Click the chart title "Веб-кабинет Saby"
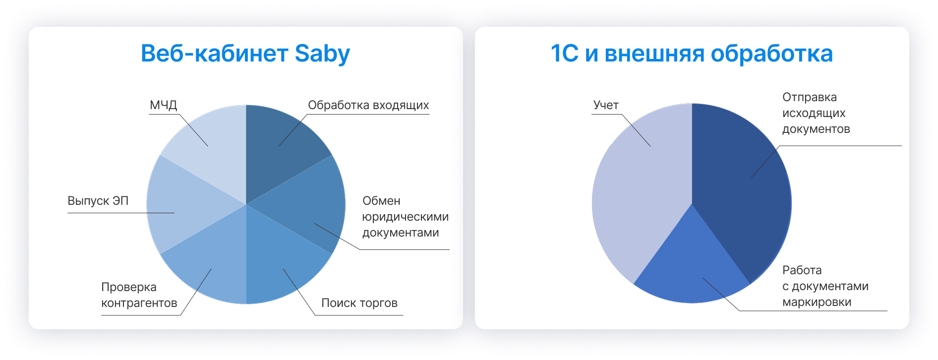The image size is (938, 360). pyautogui.click(x=245, y=54)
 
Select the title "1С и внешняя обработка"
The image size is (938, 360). pyautogui.click(x=692, y=54)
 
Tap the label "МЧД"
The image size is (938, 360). pyautogui.click(x=163, y=105)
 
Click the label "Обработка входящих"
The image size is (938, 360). pyautogui.click(x=368, y=105)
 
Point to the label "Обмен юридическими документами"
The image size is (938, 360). pyautogui.click(x=405, y=217)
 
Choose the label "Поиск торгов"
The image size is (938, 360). pyautogui.click(x=359, y=303)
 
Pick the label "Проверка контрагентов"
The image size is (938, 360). pyautogui.click(x=139, y=295)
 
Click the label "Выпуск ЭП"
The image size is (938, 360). pyautogui.click(x=98, y=201)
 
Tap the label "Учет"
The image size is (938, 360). pyautogui.click(x=606, y=105)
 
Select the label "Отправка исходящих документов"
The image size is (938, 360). pyautogui.click(x=816, y=113)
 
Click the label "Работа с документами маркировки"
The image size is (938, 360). pyautogui.click(x=825, y=286)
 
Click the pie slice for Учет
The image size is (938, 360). pyautogui.click(x=640, y=193)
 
